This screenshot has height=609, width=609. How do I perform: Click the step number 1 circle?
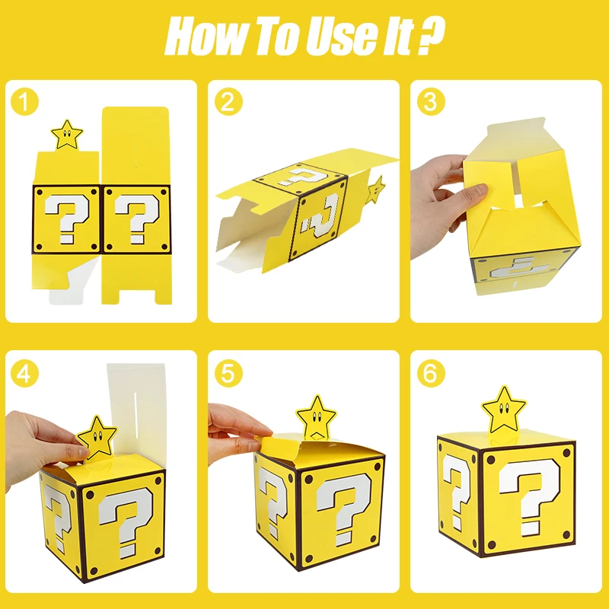point(26,101)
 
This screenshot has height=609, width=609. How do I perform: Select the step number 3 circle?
point(431,101)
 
